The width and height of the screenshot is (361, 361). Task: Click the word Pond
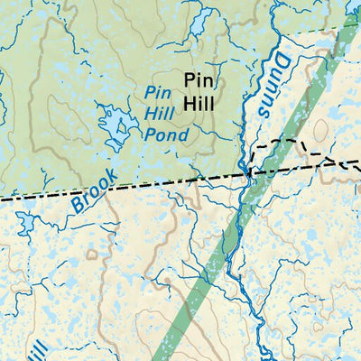point(167,136)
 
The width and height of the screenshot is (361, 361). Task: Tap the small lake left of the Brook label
point(24,223)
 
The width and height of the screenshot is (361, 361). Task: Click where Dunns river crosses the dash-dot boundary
point(245,172)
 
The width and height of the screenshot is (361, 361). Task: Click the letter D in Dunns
point(280,62)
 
